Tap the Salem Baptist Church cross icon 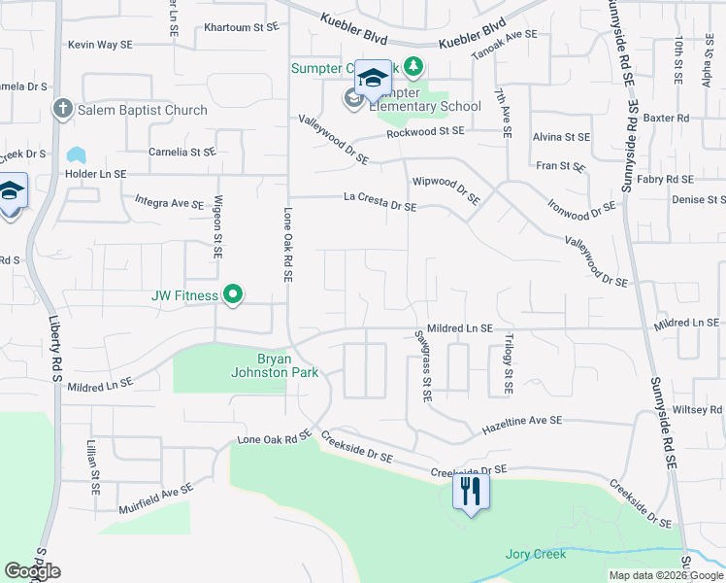point(63,109)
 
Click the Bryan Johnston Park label point(260,363)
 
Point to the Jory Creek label point(535,554)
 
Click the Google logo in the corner point(32,571)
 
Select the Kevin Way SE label point(100,45)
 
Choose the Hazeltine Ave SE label point(522,420)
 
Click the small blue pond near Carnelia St point(75,154)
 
